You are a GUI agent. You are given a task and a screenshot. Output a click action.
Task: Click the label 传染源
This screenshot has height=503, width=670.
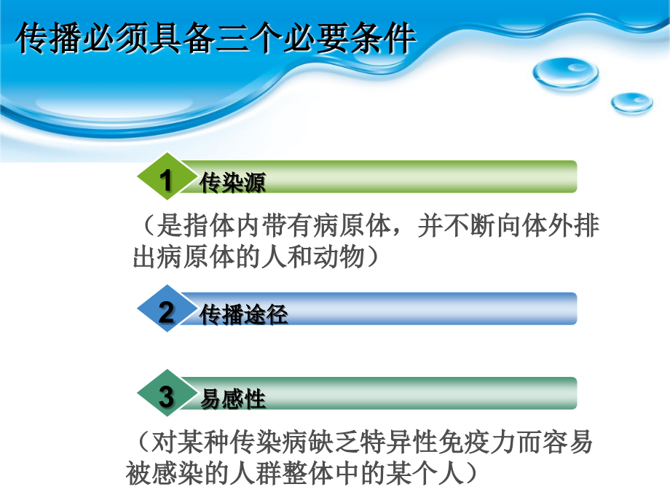[x=232, y=182]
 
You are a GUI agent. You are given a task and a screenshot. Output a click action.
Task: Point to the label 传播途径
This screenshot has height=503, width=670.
[x=244, y=315]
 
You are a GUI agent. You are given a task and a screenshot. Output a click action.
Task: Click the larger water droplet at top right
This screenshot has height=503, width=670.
[x=565, y=73]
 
